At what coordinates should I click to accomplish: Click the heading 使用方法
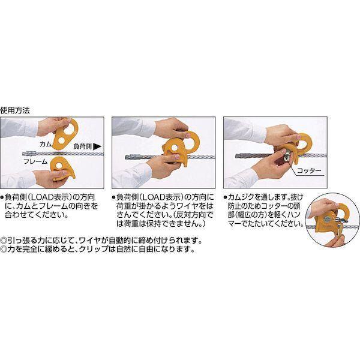15,110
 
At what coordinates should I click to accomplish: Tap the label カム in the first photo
46,144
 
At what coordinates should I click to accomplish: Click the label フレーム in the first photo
35,161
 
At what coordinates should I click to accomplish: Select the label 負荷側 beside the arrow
83,146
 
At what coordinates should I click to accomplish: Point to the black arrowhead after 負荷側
97,146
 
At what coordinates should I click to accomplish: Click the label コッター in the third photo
309,170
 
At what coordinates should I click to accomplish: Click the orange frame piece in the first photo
62,168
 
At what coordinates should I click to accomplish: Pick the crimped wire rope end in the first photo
29,153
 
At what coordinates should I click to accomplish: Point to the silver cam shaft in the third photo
286,155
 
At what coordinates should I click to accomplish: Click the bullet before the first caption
2,197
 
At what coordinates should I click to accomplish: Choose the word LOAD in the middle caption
153,197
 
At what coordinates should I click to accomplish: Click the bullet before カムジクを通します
226,197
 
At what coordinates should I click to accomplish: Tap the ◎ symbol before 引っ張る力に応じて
4,241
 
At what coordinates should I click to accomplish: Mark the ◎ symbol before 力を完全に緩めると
4,249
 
